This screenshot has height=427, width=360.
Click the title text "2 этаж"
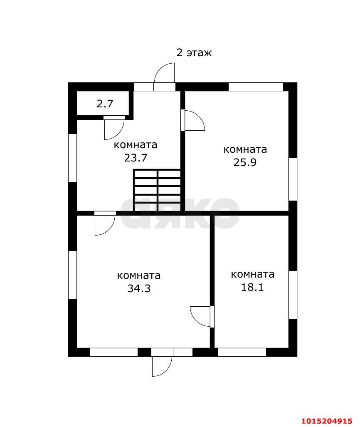coord(194,53)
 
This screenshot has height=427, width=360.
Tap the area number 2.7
coord(105,104)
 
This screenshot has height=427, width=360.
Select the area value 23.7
coord(136,158)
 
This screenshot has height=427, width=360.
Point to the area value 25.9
coord(245,162)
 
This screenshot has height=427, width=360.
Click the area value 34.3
coord(139,288)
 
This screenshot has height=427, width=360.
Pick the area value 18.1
coord(252,287)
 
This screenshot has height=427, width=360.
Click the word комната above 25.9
coord(245,149)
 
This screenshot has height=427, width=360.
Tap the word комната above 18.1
coord(252,274)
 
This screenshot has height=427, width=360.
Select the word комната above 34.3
coord(139,276)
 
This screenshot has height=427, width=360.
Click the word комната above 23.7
coord(136,145)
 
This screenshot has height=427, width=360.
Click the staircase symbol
coord(157,190)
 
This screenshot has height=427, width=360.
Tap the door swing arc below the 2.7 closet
coord(113,129)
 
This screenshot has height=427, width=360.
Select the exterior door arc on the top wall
coord(165,74)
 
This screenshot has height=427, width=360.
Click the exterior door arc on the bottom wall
coord(162,366)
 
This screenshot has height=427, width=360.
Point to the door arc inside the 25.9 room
coord(194,121)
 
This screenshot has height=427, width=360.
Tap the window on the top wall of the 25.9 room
coord(256,87)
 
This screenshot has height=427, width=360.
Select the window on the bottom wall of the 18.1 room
coord(242,352)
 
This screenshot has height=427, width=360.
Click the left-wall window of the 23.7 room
coord(73,157)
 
